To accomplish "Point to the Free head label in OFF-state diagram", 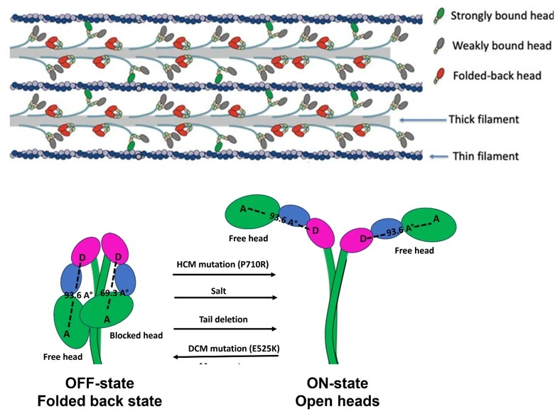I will click(63, 356).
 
